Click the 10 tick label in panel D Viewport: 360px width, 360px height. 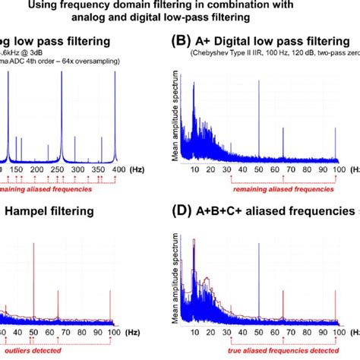(194, 333)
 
